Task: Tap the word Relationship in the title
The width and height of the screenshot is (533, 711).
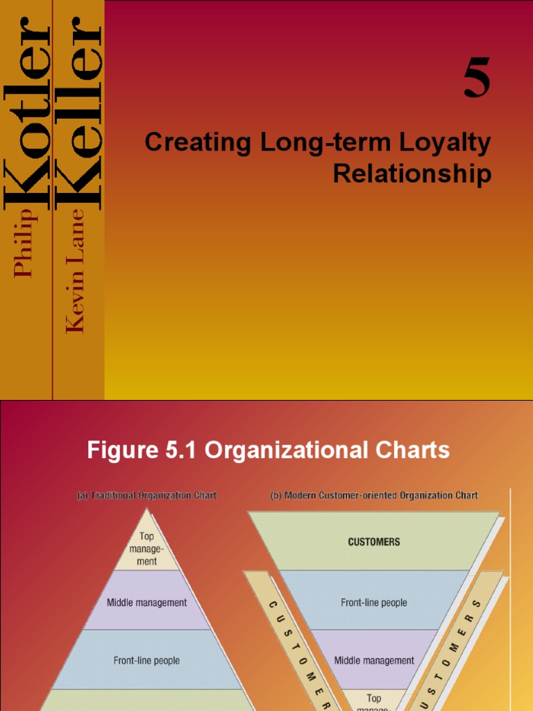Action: (412, 174)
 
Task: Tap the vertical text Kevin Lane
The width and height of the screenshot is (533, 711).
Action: (76, 271)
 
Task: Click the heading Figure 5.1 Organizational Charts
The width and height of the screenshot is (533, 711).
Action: (268, 450)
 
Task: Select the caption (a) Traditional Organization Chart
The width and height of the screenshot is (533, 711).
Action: (146, 496)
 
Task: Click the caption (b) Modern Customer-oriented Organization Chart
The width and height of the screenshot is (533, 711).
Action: (374, 496)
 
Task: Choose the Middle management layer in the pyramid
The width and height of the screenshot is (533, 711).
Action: (146, 603)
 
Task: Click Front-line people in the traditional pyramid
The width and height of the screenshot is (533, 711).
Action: (146, 660)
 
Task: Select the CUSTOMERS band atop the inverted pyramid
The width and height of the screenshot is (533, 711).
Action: (374, 542)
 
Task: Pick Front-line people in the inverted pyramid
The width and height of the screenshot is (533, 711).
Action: (374, 603)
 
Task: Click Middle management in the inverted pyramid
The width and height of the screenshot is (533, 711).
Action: (374, 660)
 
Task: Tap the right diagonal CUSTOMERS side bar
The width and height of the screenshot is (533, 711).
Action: (462, 639)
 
